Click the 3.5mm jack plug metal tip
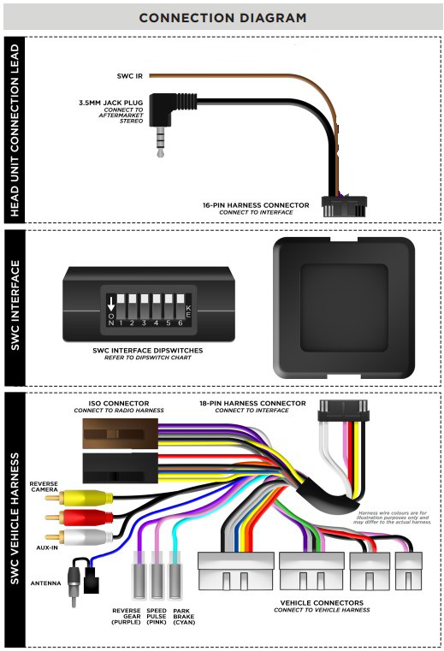pyautogui.click(x=161, y=142)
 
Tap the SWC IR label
pyautogui.click(x=129, y=76)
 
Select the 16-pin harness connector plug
pyautogui.click(x=344, y=206)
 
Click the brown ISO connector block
pyautogui.click(x=121, y=434)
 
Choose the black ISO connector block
pyautogui.click(x=121, y=468)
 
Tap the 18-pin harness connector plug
pyautogui.click(x=344, y=411)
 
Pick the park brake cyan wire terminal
pyautogui.click(x=176, y=576)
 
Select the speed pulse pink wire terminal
pyautogui.click(x=157, y=576)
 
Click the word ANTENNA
pyautogui.click(x=45, y=583)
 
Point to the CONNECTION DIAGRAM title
pyautogui.click(x=222, y=18)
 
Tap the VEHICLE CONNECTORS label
pyautogui.click(x=322, y=602)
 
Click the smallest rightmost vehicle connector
pyautogui.click(x=409, y=571)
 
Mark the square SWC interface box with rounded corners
pyautogui.click(x=344, y=308)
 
